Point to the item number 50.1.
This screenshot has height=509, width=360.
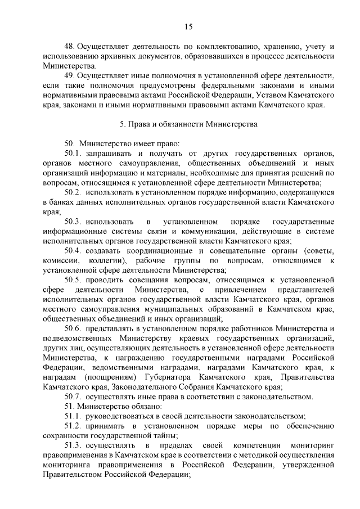(x=73, y=153)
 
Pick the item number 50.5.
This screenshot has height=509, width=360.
(x=73, y=280)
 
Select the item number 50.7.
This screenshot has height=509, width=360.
(x=73, y=396)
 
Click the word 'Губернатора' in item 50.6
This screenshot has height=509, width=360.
(x=169, y=376)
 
